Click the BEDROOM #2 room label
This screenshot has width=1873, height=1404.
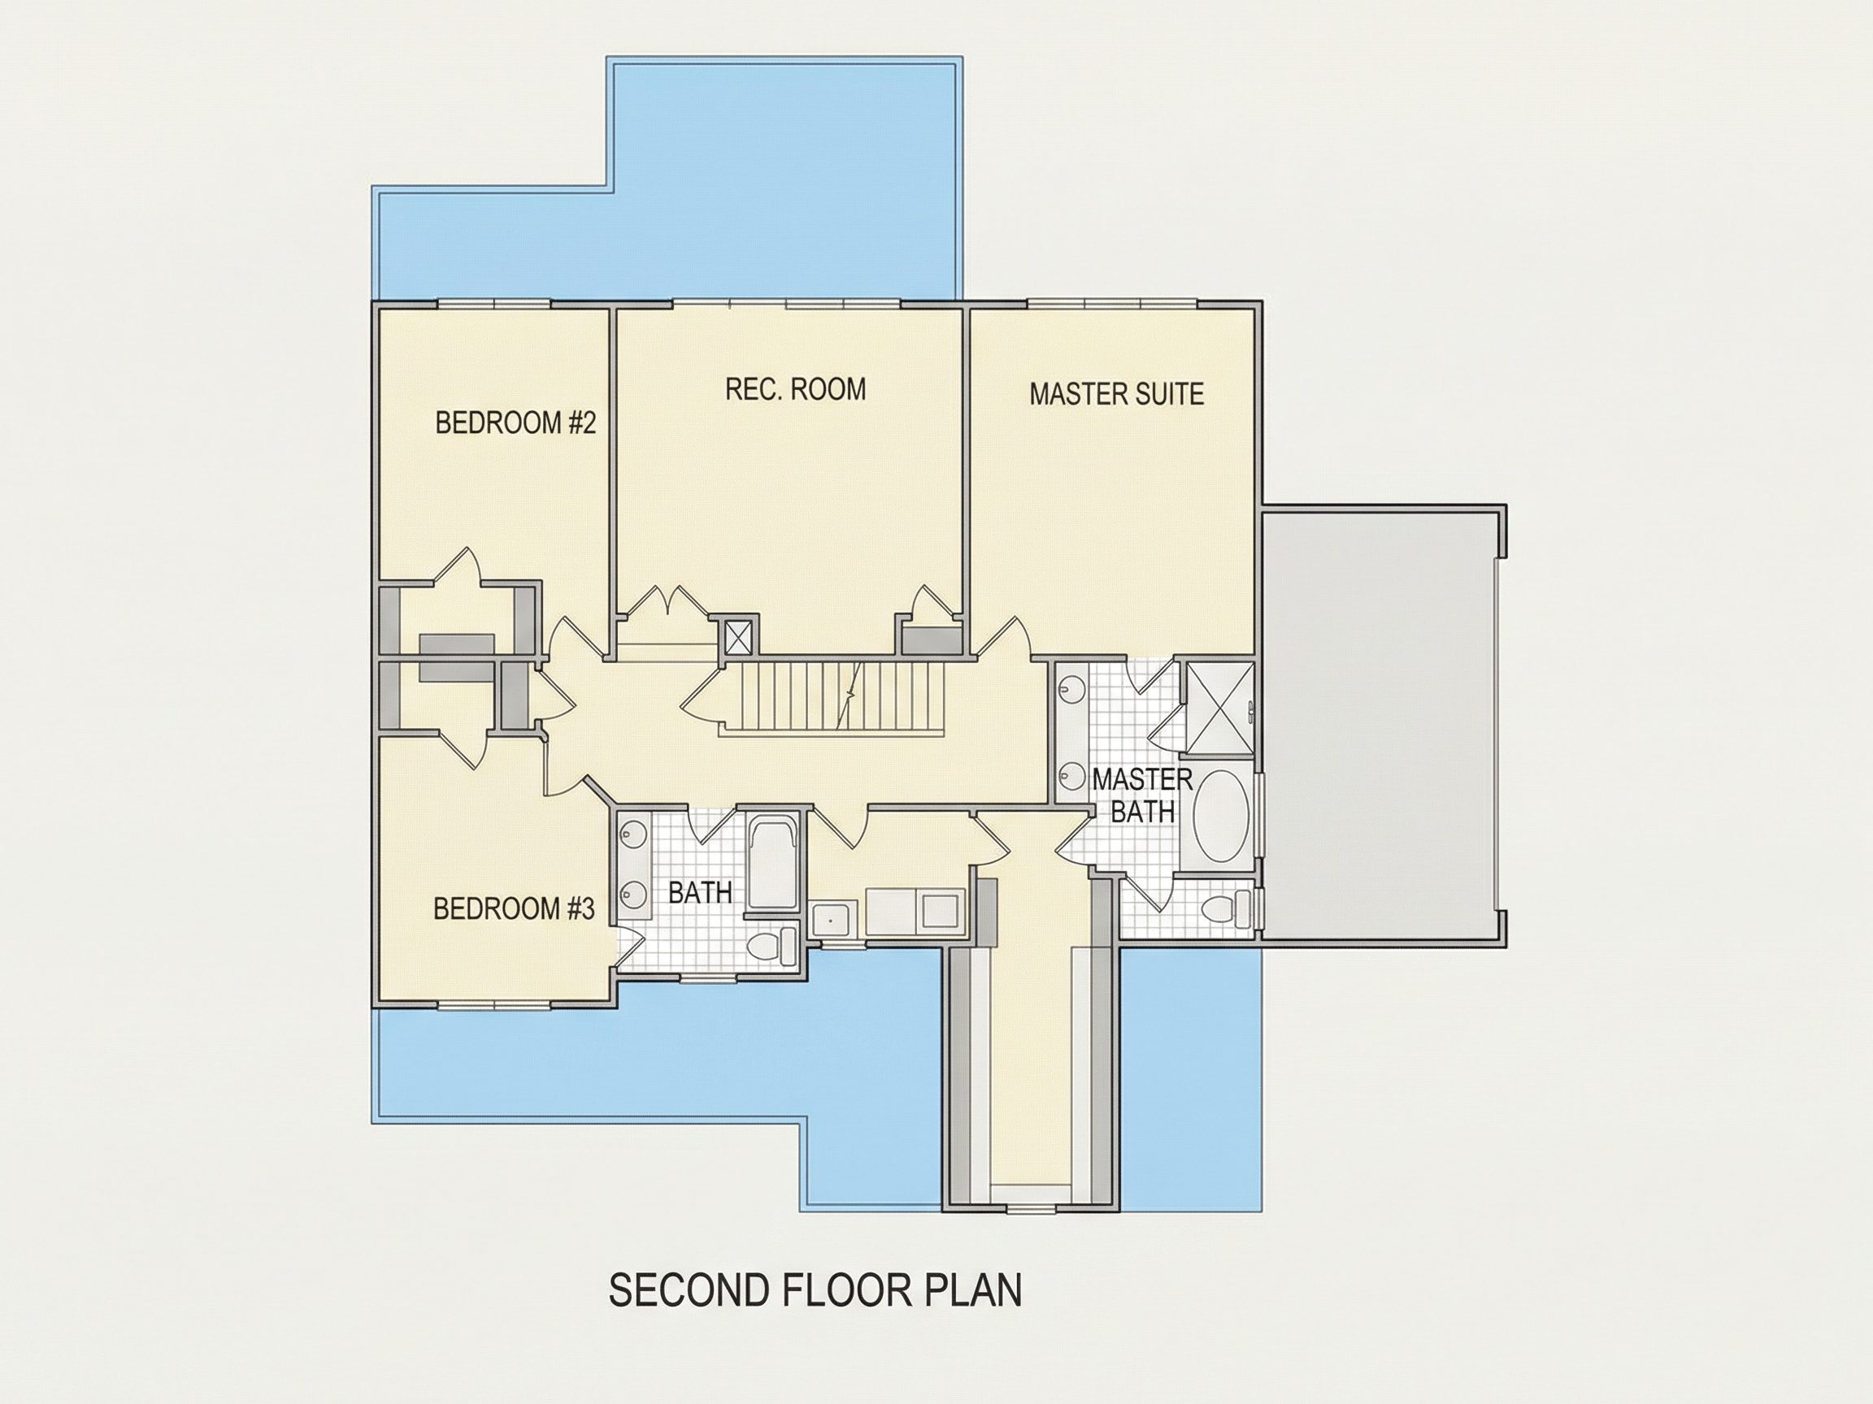point(515,422)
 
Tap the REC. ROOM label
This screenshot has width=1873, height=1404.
point(796,389)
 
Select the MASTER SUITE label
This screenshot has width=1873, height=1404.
point(1117,394)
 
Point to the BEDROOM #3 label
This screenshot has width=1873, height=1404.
point(514,909)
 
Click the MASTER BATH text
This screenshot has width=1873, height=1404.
point(1142,795)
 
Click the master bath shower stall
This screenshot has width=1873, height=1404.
point(1219,708)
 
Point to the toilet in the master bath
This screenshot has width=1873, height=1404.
point(1224,909)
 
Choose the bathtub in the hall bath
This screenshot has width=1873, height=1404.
point(772,863)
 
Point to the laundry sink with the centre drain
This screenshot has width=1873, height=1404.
point(835,919)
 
